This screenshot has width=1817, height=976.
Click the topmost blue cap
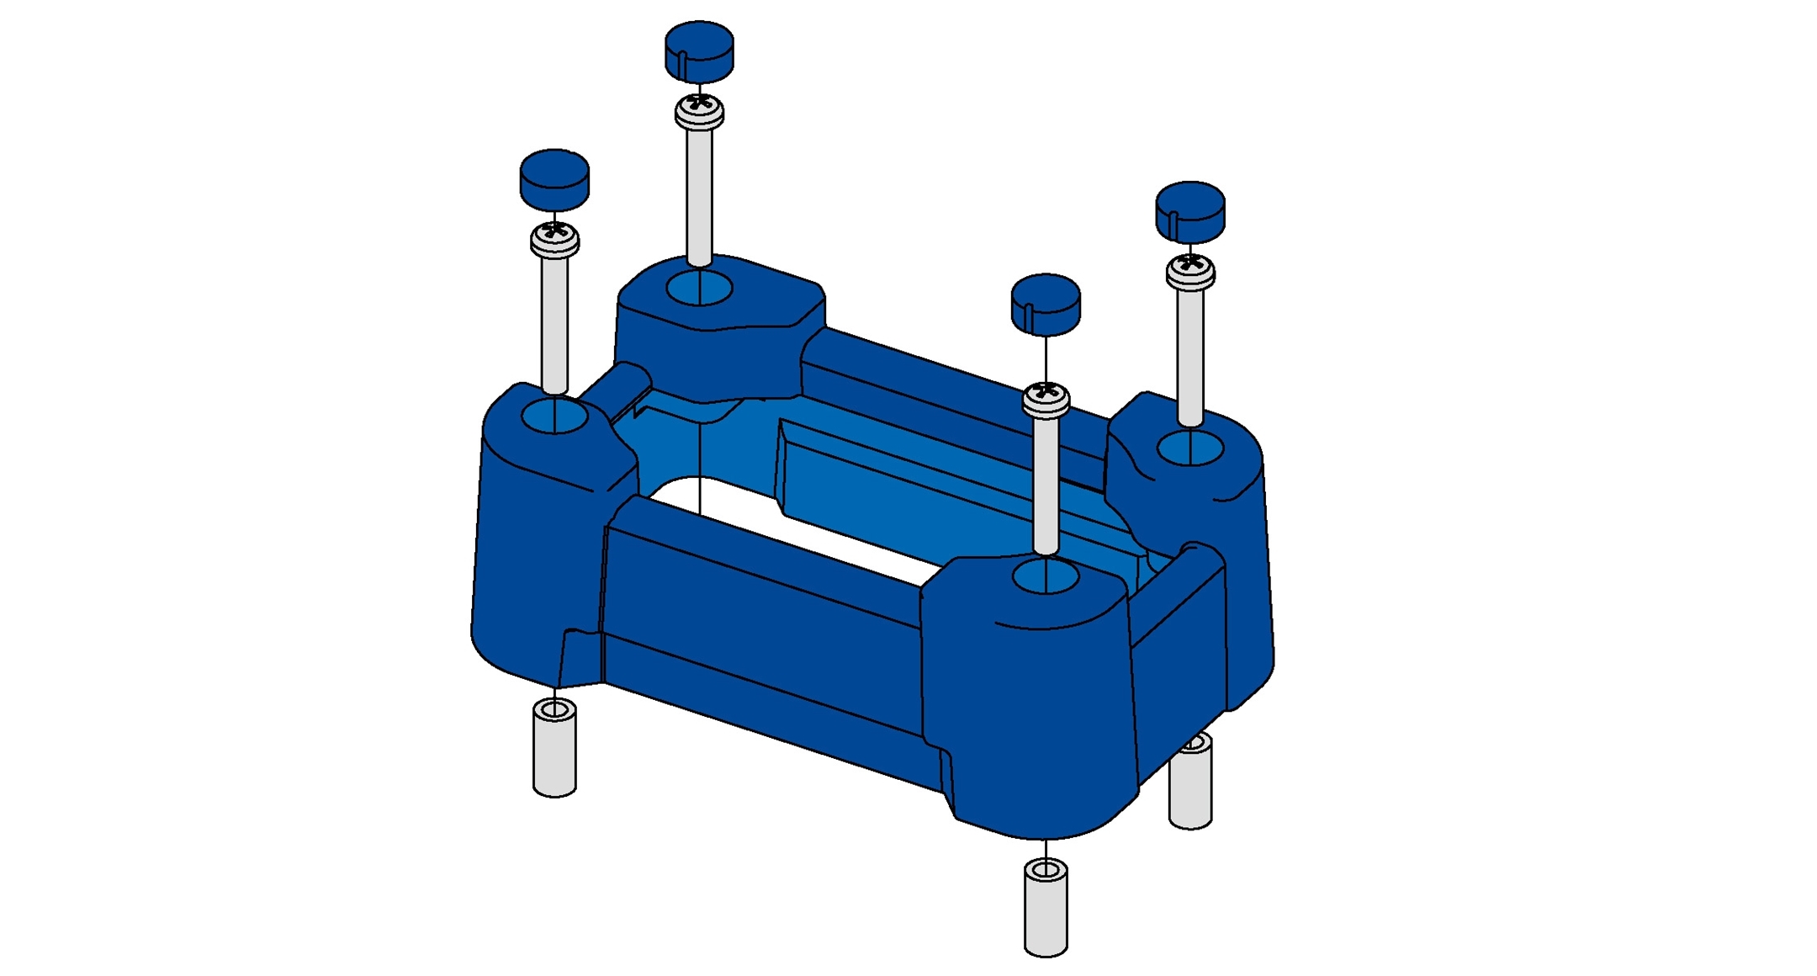[x=699, y=51]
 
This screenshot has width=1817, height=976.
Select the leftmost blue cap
[x=554, y=179]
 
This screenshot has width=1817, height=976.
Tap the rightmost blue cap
[x=1189, y=211]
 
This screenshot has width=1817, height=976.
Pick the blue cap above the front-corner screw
[x=1045, y=304]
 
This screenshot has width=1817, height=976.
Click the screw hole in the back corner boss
[x=699, y=289]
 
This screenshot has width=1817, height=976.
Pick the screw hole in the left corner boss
[x=554, y=416]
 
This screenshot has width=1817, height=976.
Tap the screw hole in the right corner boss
[x=1189, y=448]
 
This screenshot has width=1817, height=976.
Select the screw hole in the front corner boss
[x=1046, y=578]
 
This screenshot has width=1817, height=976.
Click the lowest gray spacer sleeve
[x=1046, y=909]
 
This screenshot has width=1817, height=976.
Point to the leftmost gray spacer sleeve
[x=554, y=749]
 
